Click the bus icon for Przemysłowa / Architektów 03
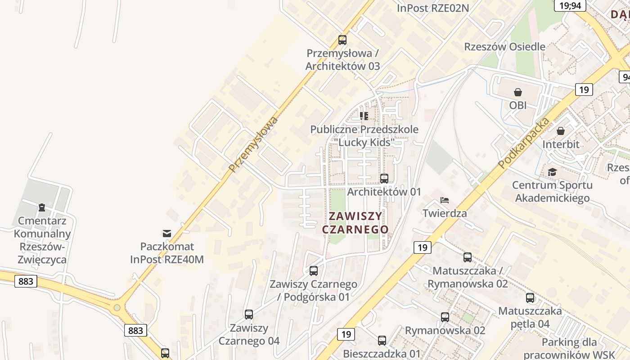(342, 40)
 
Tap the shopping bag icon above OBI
(518, 93)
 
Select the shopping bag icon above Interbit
(561, 131)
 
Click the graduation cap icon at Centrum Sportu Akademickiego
(552, 172)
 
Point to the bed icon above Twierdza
(445, 200)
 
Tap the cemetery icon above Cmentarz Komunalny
(42, 207)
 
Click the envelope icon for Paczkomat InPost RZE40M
(167, 233)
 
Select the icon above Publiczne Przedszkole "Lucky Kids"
(364, 116)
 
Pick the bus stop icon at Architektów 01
(384, 179)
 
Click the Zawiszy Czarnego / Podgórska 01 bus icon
(314, 271)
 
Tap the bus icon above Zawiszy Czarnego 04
(249, 315)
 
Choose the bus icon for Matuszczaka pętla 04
(530, 298)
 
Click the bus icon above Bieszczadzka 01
(382, 341)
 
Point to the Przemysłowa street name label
(253, 144)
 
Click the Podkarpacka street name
(524, 143)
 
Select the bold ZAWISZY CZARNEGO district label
(355, 223)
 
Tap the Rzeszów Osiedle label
(504, 47)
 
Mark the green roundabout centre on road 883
(117, 308)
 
